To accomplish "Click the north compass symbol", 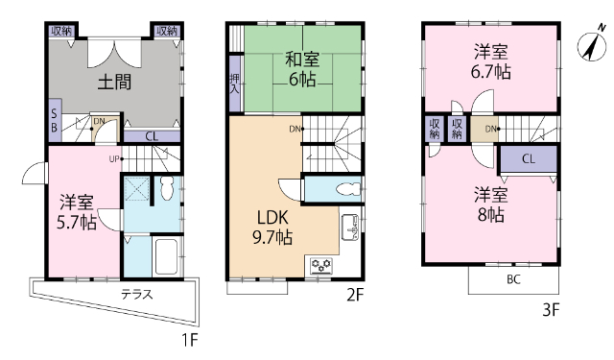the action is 592,43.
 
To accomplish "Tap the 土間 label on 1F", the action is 114,83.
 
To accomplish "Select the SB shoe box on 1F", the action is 55,121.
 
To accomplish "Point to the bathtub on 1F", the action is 167,256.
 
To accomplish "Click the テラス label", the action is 136,294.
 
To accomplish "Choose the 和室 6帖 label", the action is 302,69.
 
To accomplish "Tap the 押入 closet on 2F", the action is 234,84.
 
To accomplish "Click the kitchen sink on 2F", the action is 350,227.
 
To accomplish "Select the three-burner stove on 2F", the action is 321,266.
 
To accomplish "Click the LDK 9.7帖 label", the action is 272,228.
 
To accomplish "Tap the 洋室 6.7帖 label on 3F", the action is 490,61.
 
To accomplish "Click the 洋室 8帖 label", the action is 490,204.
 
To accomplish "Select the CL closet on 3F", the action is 529,159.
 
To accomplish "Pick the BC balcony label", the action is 513,279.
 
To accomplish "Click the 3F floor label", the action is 551,310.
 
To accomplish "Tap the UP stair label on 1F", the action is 114,159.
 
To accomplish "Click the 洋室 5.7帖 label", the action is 77,213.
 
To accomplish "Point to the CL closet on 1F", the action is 152,136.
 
